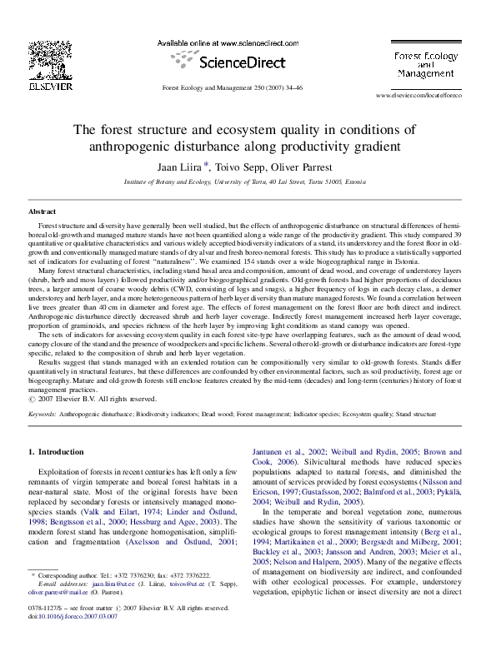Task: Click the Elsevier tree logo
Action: [x=51, y=58]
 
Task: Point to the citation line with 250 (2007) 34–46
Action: [x=232, y=87]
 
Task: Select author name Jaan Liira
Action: [x=180, y=166]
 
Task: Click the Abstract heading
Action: [x=43, y=212]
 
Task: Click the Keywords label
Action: [x=43, y=413]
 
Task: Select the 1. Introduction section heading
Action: [x=56, y=452]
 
